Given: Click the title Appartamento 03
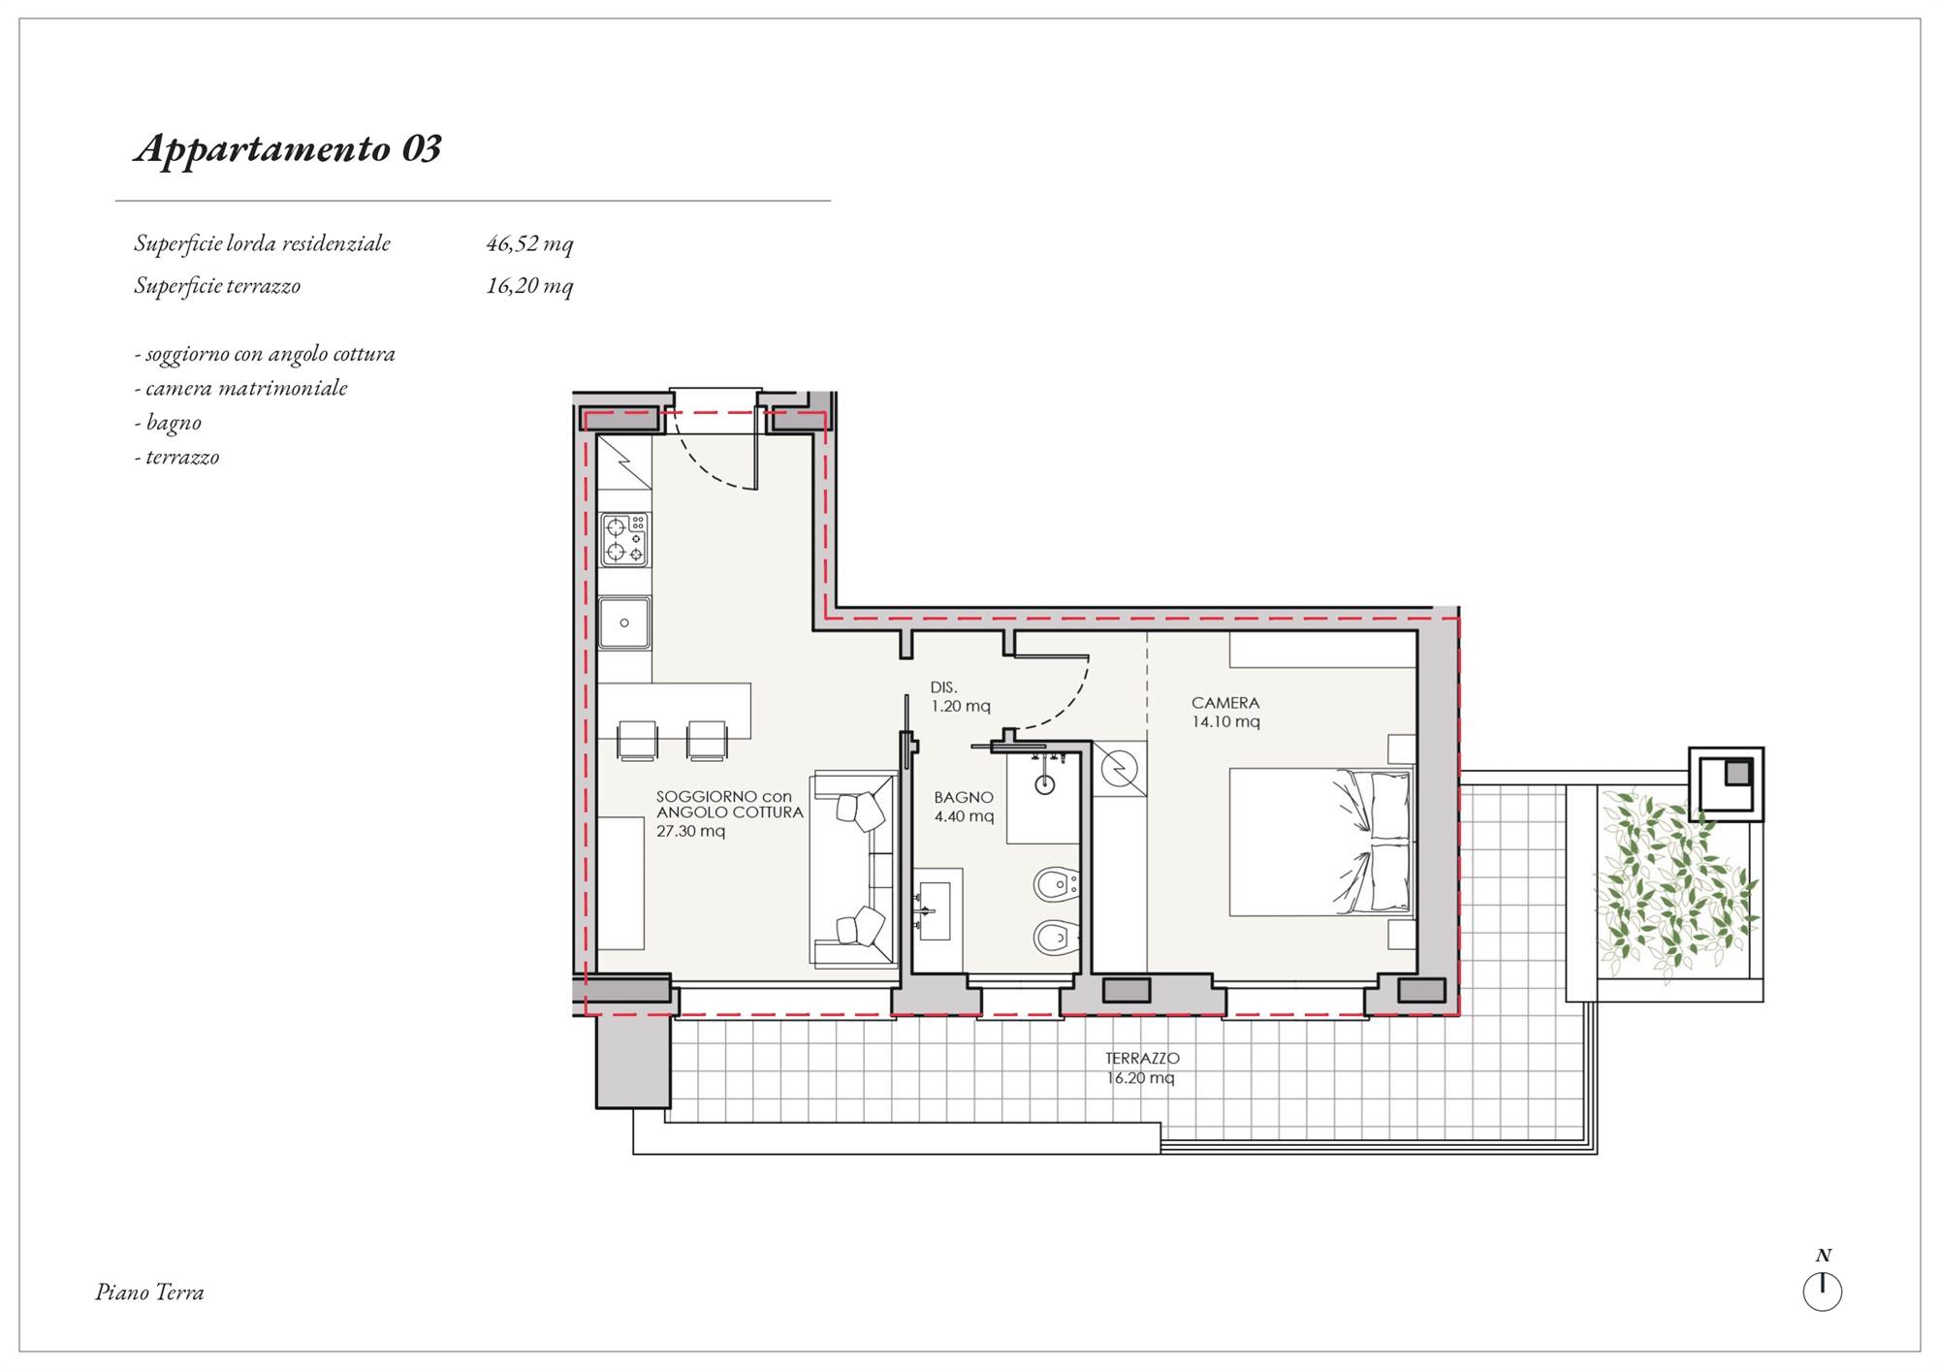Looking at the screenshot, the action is pyautogui.click(x=288, y=149).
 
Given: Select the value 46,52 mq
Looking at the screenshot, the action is pyautogui.click(x=529, y=243).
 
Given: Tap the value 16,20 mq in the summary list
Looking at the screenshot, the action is pyautogui.click(x=529, y=286).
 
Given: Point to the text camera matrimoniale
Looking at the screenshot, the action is pyautogui.click(x=246, y=388).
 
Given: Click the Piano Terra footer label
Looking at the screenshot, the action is pyautogui.click(x=149, y=1292).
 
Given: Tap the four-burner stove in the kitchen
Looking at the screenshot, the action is pyautogui.click(x=624, y=540).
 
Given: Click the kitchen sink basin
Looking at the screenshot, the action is pyautogui.click(x=624, y=622).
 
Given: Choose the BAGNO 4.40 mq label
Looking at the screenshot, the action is pyautogui.click(x=964, y=807).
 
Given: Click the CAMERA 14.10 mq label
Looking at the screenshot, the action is pyautogui.click(x=1225, y=712).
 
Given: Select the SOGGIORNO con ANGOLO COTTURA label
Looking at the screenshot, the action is pyautogui.click(x=730, y=813).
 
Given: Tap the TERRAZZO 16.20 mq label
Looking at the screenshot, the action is pyautogui.click(x=1142, y=1068).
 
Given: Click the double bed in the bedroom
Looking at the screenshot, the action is pyautogui.click(x=1320, y=843).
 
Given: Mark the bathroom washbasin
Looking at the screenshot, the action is pyautogui.click(x=935, y=911).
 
